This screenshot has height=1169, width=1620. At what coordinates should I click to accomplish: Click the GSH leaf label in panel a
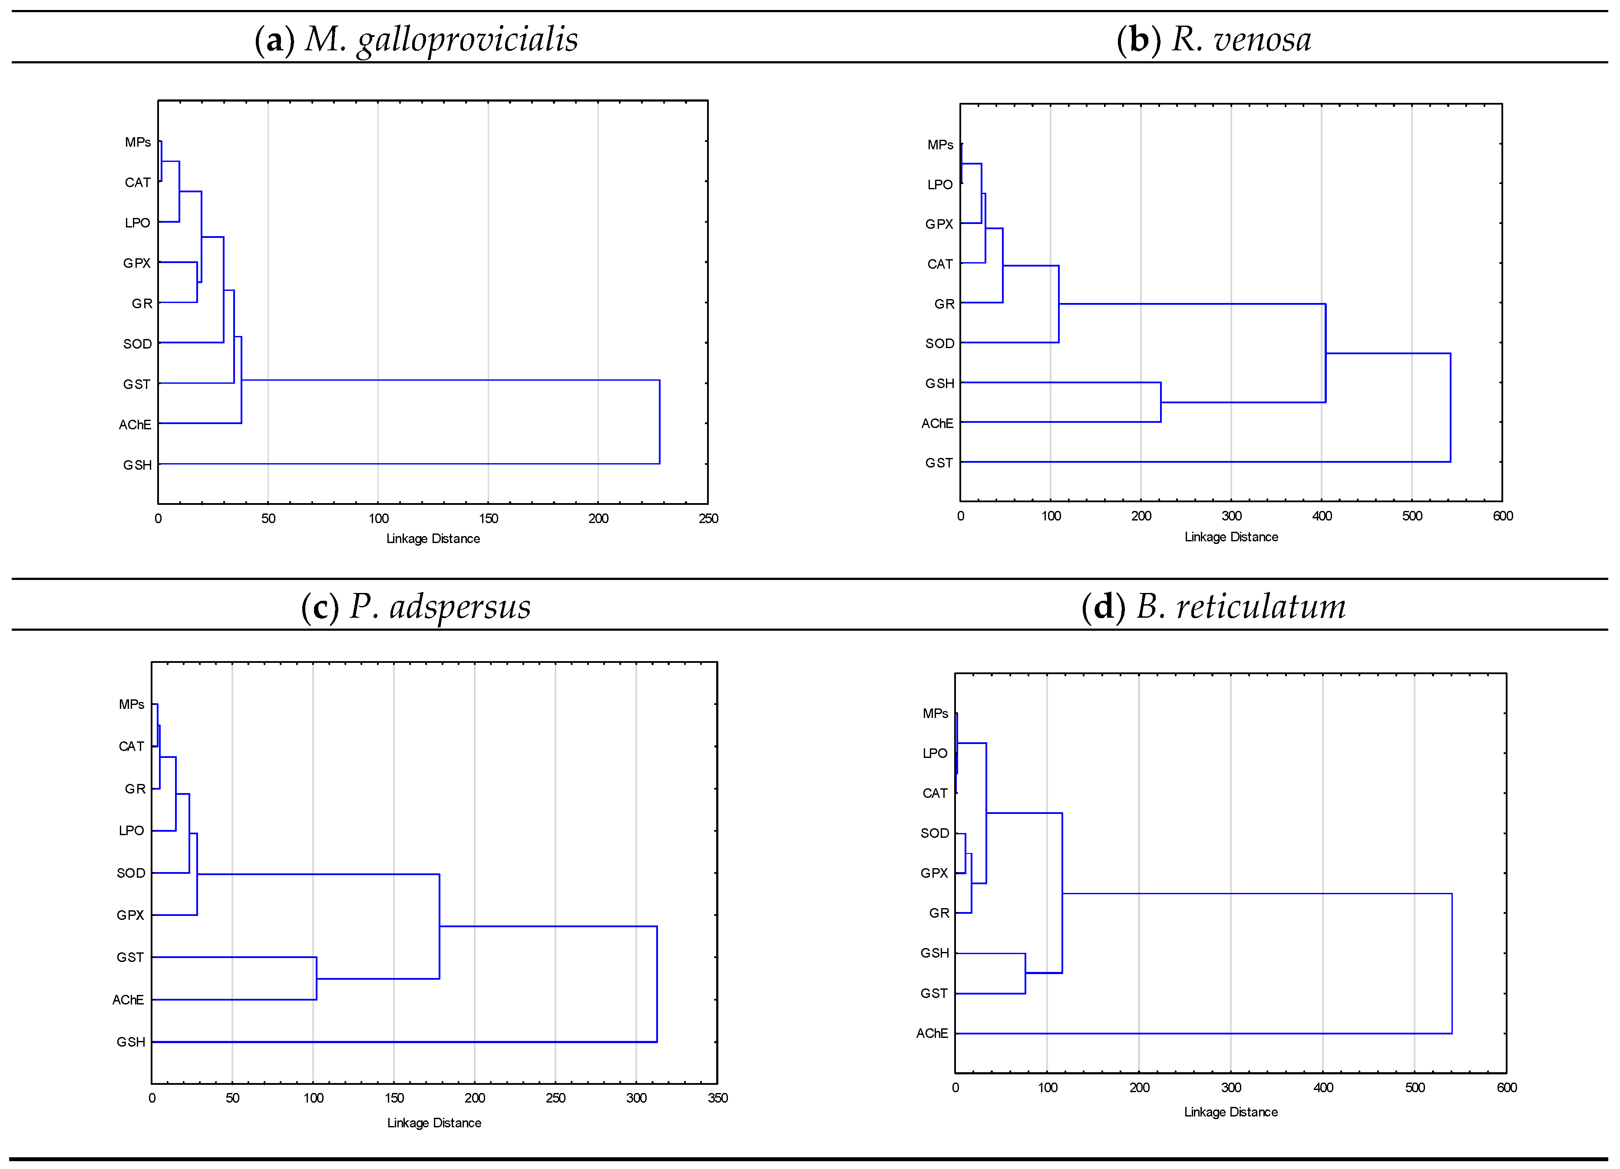(x=137, y=465)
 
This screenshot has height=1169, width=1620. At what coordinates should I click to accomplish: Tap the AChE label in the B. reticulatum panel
(x=932, y=1033)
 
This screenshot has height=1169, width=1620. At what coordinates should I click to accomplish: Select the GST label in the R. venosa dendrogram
(x=939, y=463)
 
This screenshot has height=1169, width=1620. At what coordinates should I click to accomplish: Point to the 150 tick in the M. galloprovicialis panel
(x=489, y=518)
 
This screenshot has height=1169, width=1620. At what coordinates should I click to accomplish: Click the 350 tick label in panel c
(x=717, y=1097)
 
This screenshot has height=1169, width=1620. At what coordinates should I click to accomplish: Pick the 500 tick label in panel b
(x=1412, y=516)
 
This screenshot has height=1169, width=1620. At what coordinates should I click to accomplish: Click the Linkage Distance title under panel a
(x=433, y=538)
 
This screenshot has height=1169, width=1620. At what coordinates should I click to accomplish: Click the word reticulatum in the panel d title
(x=1261, y=606)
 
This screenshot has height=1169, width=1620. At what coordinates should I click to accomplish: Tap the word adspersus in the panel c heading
(x=460, y=606)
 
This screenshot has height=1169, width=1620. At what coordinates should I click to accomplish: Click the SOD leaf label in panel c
(x=131, y=873)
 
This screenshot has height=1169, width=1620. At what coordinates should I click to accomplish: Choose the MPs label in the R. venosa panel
(x=940, y=145)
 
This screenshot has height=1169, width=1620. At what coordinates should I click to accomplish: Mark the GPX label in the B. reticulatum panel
(x=934, y=873)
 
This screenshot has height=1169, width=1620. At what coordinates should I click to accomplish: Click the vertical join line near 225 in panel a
(x=659, y=421)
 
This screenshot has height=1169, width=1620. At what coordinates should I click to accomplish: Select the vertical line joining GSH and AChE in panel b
(x=1161, y=402)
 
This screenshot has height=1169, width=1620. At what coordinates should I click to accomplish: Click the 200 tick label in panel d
(x=1139, y=1087)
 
